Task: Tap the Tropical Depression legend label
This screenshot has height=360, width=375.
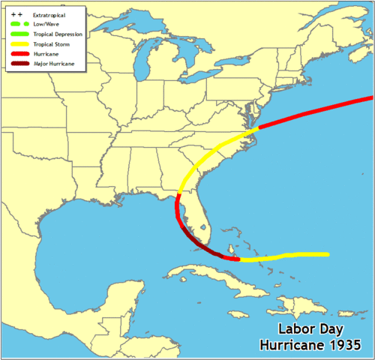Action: (58, 34)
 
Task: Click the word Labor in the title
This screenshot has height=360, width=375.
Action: (295, 329)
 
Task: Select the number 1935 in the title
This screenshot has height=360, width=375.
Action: (345, 345)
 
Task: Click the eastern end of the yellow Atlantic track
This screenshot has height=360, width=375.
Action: (327, 254)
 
